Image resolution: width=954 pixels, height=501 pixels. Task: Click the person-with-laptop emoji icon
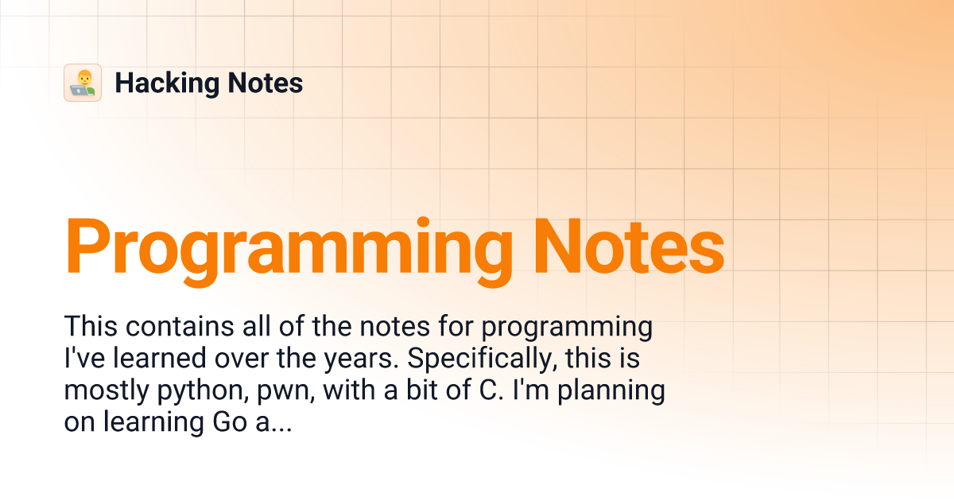click(83, 83)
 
